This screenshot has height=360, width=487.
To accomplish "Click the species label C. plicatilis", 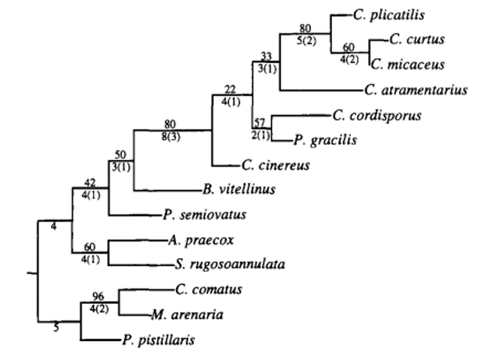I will [x=389, y=15].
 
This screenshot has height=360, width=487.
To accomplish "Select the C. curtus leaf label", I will [x=417, y=39].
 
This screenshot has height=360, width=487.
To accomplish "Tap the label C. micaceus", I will [x=408, y=65].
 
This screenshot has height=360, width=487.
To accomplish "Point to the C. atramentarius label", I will [x=416, y=90].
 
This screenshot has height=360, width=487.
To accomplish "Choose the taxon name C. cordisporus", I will [x=377, y=116].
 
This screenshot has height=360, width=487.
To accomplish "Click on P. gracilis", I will [x=325, y=140].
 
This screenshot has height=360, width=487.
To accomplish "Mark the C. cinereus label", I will [x=276, y=165].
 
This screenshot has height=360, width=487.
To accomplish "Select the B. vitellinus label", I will [x=239, y=189].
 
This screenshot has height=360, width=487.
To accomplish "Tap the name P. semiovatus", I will [x=204, y=215].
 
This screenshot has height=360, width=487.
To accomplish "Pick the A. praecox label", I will [x=201, y=240].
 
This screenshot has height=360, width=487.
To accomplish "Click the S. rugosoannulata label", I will [x=230, y=264].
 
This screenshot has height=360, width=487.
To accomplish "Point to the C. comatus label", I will [x=208, y=290].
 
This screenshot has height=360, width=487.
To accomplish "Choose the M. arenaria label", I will [x=187, y=315].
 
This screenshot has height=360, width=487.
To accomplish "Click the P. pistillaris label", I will [x=158, y=340].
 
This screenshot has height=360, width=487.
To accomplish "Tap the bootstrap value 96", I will [x=98, y=296].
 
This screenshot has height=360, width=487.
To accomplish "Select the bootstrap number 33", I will [x=266, y=56].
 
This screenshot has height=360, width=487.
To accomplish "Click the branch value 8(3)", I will [x=171, y=137].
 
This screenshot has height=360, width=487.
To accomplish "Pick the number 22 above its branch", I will [x=230, y=89].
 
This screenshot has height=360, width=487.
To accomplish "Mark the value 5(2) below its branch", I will [x=307, y=41].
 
